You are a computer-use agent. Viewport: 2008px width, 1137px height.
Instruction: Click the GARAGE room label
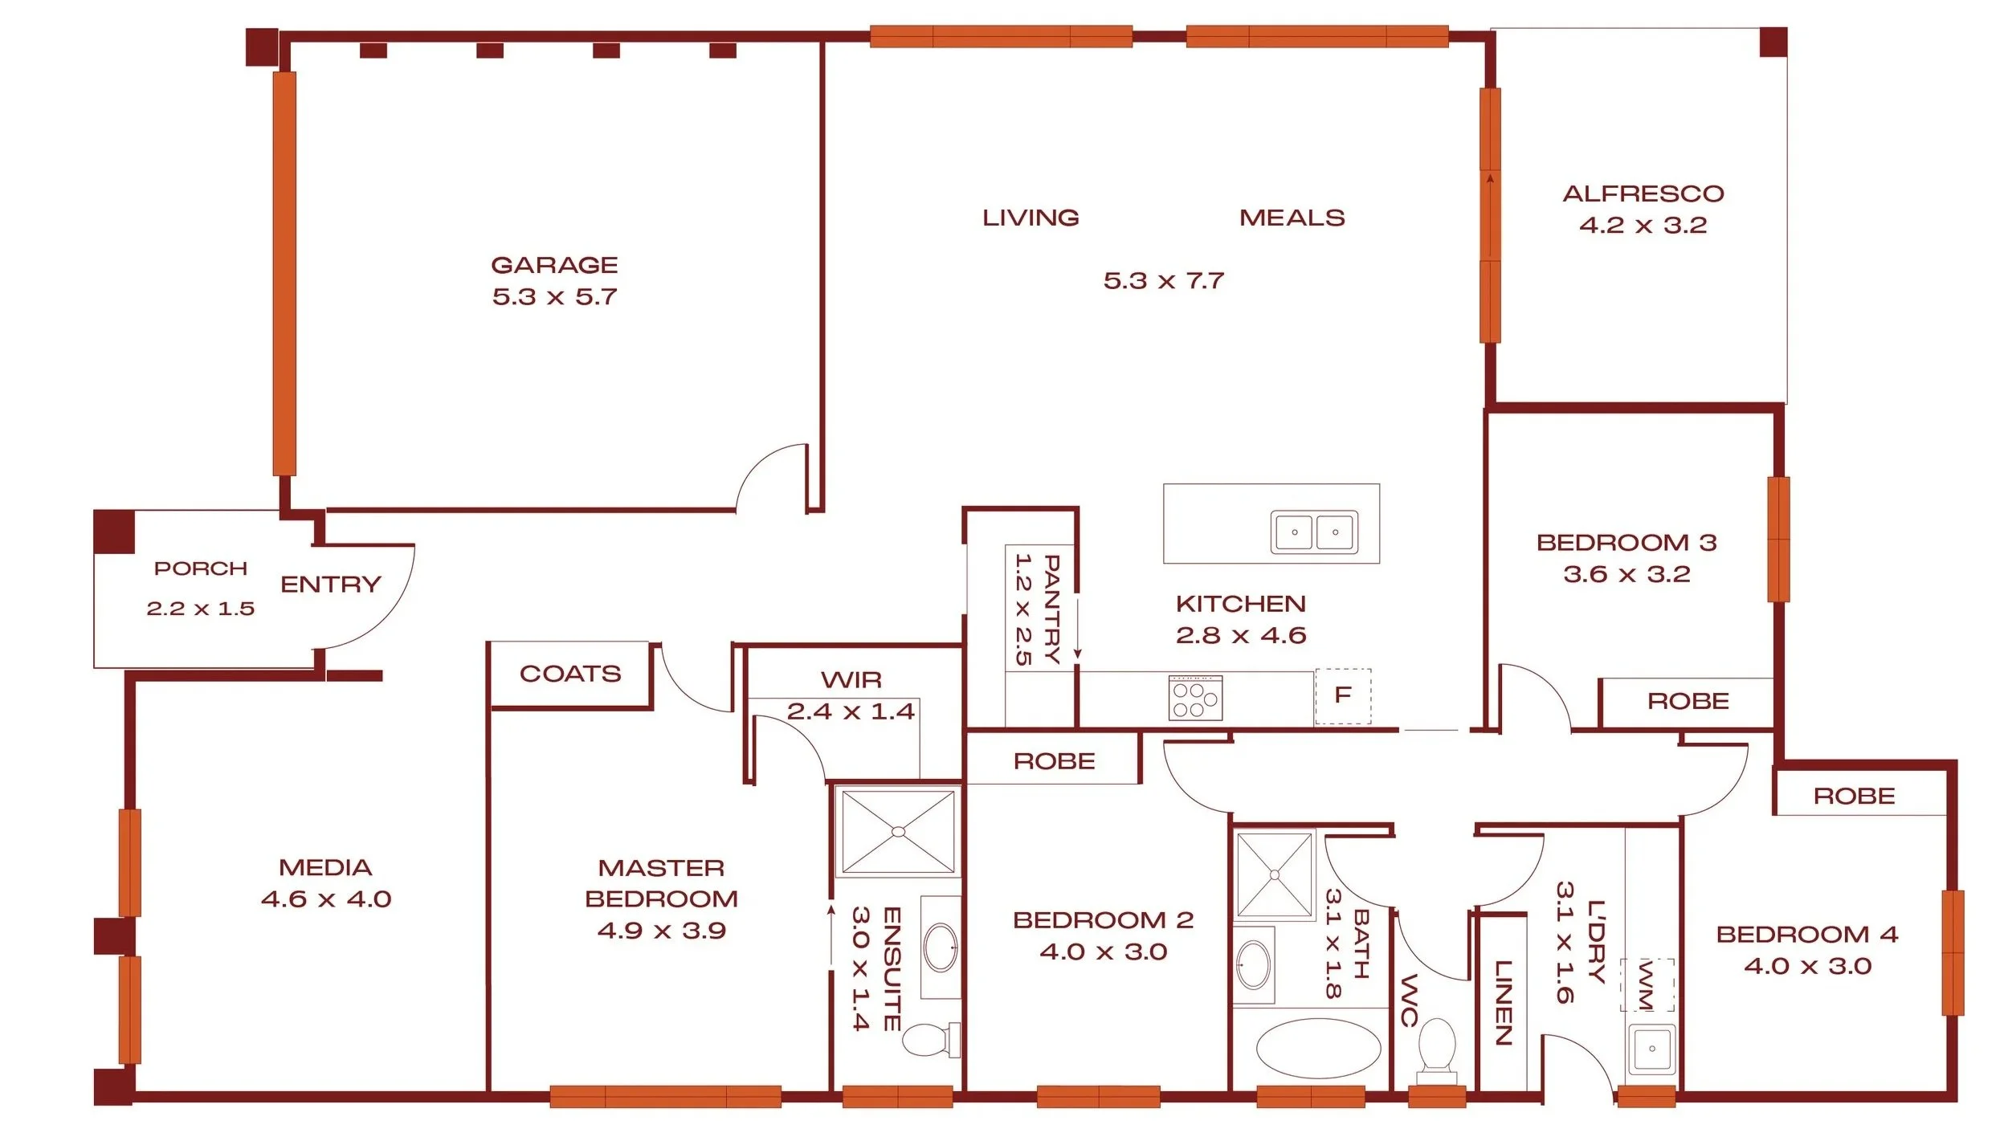(x=554, y=265)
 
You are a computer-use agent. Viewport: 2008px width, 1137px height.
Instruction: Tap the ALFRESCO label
(x=1643, y=194)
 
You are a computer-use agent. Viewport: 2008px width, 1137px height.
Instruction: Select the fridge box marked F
(x=1343, y=695)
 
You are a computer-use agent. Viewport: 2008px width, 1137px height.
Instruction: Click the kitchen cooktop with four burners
(x=1196, y=697)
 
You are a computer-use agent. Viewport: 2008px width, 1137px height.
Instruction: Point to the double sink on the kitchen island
(x=1314, y=532)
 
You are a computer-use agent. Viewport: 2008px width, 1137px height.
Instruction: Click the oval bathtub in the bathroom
(x=1318, y=1049)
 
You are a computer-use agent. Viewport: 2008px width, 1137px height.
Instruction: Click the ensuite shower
(x=898, y=831)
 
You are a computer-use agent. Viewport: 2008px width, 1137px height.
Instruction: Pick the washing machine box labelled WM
(x=1647, y=984)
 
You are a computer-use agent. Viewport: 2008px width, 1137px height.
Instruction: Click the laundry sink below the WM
(x=1651, y=1049)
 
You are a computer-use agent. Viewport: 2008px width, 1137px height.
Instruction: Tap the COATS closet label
(x=570, y=674)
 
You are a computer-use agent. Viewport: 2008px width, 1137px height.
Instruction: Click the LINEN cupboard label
(x=1503, y=1003)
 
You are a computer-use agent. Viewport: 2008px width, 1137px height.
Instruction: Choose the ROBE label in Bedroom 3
(x=1688, y=702)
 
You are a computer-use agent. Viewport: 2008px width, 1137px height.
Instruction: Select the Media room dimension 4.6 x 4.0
(x=326, y=899)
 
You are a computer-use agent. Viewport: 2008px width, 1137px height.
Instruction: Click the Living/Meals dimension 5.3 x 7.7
(x=1164, y=281)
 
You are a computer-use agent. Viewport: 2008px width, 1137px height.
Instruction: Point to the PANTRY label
(x=1051, y=609)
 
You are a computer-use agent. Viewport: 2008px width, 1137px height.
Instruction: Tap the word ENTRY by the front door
(x=331, y=585)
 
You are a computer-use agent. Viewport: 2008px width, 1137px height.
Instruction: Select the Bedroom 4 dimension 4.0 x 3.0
(x=1808, y=966)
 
